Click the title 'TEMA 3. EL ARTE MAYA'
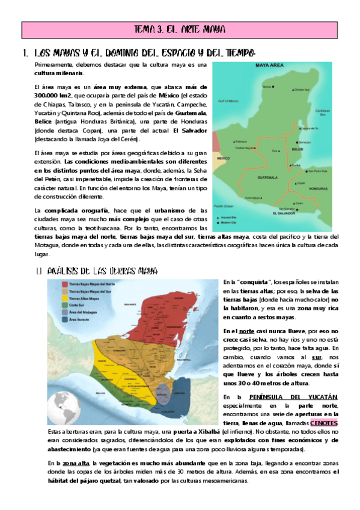pos(180,28)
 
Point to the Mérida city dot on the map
pos(274,87)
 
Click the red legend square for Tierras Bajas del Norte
pos(63,266)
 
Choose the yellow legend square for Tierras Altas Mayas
pos(63,281)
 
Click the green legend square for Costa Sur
pos(63,289)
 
